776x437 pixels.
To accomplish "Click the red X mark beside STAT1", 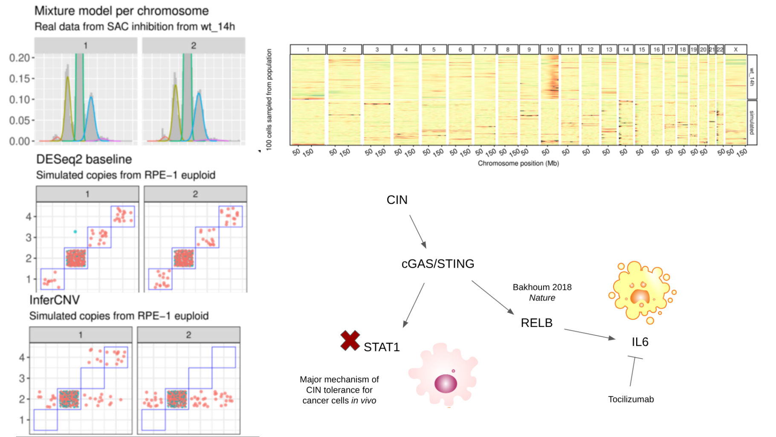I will click(350, 341).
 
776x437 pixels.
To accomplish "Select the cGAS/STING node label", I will click(437, 264).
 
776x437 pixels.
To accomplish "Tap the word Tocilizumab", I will click(631, 399).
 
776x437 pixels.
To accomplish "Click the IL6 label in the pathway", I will click(640, 342).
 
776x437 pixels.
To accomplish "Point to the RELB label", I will click(536, 323).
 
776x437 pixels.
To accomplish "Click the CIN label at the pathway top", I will click(397, 200).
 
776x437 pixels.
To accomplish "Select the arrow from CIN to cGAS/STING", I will click(418, 231).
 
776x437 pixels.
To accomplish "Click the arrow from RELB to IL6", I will click(590, 334).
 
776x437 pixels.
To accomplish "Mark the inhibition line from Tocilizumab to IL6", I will click(633, 370).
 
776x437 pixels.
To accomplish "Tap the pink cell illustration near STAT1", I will click(443, 374).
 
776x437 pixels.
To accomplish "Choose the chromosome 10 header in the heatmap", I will click(550, 50).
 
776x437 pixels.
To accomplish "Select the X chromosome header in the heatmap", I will click(735, 50).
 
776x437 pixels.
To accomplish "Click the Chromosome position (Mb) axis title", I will click(518, 163).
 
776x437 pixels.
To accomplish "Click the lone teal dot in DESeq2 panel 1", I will click(75, 232).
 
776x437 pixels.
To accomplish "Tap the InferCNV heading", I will click(55, 300).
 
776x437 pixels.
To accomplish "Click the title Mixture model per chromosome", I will click(122, 11).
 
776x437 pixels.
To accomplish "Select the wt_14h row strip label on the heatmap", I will click(752, 77).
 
